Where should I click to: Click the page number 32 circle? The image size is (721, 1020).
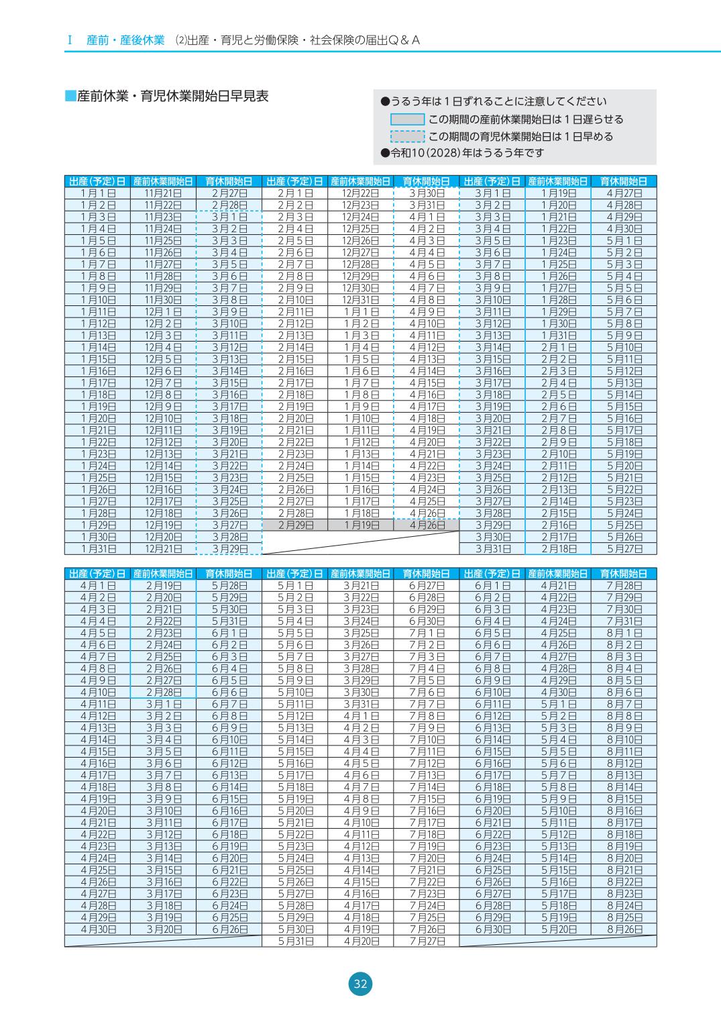tap(360, 984)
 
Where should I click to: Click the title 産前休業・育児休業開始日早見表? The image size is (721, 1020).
tap(172, 96)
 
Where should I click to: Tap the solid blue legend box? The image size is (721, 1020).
tap(407, 119)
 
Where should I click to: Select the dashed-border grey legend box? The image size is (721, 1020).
tap(407, 137)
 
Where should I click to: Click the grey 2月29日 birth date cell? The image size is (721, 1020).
tap(295, 525)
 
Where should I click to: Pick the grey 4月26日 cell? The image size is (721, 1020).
tap(427, 525)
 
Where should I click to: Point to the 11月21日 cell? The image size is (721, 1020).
tap(164, 193)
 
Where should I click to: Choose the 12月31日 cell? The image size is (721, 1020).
tap(361, 300)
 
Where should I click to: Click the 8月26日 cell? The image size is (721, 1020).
tap(624, 929)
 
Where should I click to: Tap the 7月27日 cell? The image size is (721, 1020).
tap(427, 941)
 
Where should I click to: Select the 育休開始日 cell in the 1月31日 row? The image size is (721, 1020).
tap(229, 549)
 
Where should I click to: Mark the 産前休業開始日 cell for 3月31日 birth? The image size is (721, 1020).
tap(558, 549)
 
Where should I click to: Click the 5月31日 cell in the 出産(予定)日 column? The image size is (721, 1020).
tap(295, 941)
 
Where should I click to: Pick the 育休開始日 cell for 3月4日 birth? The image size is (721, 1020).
tap(624, 228)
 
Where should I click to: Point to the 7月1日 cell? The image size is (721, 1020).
tap(427, 633)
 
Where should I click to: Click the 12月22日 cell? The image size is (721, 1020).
tap(361, 193)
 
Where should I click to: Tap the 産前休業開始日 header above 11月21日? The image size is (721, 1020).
tap(164, 181)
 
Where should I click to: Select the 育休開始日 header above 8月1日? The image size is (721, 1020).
tap(624, 574)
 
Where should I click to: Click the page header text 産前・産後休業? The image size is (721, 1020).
tap(125, 40)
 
